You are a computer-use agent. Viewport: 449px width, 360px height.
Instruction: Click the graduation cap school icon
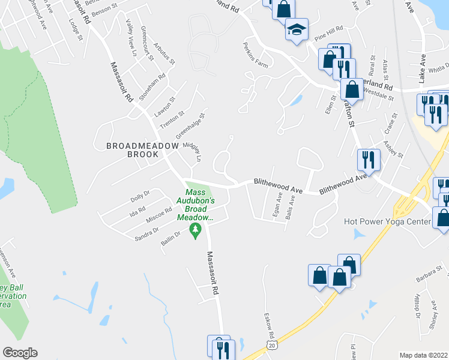click(297, 30)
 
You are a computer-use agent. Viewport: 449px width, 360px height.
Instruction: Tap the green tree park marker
click(194, 229)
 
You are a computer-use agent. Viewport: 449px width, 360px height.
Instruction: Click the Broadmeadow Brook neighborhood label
click(132, 150)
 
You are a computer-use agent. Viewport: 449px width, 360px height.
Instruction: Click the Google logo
click(19, 353)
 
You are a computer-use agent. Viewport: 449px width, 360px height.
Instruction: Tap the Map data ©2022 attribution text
click(424, 355)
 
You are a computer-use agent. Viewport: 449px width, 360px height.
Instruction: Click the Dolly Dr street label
click(140, 194)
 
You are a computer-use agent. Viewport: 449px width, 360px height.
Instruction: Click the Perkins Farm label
click(255, 53)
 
